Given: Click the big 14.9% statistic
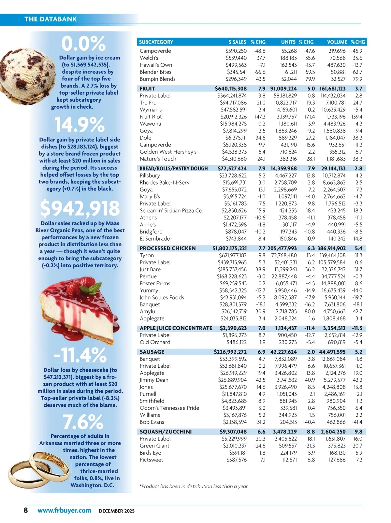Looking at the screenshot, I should pos(79,125).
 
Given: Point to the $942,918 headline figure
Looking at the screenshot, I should pos(80,208).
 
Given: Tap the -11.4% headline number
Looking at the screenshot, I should pos(80,355).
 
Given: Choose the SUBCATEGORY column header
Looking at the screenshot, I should pos(156,42).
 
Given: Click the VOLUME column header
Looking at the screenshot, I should pos(337,42).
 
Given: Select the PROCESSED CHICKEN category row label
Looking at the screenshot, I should pos(167,248).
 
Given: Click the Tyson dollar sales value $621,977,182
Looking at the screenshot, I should pos(233,255).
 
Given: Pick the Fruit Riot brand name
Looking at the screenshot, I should pos(151,117).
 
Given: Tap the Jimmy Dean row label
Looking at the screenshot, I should pos(154,380).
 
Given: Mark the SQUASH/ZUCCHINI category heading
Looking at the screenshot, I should pos(166,431).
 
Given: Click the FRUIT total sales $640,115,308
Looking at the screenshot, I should pos(231,89).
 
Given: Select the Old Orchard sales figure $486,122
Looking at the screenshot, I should pos(237,342).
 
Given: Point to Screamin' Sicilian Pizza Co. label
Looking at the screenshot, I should pos(171,211).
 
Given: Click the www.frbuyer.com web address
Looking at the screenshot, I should pos(64,510).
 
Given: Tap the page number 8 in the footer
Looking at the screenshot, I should pos(26,510).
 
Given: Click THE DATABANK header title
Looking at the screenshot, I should pos(51,19).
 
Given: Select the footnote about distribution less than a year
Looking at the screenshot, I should pos(194,486).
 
